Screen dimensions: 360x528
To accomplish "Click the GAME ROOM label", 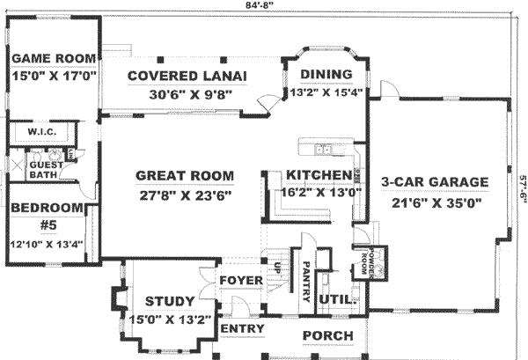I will pyautogui.click(x=53, y=59).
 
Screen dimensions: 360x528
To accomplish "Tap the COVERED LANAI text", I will pyautogui.click(x=186, y=75).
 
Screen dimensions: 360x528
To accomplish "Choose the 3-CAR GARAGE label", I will pyautogui.click(x=435, y=182).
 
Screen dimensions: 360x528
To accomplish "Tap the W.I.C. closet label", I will pyautogui.click(x=42, y=133).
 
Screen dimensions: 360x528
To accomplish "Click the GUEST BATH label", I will pyautogui.click(x=46, y=170).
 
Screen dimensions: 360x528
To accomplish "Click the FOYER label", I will pyautogui.click(x=238, y=282).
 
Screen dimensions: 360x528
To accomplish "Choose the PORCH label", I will pyautogui.click(x=328, y=335).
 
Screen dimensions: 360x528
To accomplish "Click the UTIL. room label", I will pyautogui.click(x=337, y=300).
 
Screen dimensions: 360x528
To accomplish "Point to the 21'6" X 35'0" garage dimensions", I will pyautogui.click(x=435, y=202).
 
